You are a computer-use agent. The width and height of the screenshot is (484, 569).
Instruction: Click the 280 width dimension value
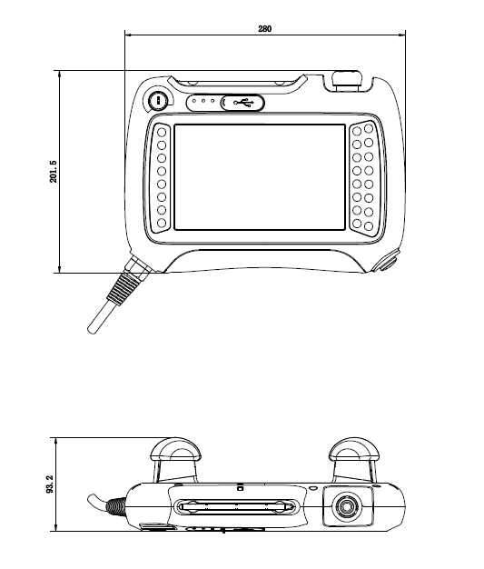pos(264,29)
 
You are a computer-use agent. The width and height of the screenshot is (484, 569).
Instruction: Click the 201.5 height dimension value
pos(54,171)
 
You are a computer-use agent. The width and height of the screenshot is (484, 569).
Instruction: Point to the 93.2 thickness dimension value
pos(50,484)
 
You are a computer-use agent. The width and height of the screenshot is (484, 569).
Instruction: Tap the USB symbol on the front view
pos(243,103)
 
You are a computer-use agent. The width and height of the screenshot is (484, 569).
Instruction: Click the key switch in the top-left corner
pos(158,101)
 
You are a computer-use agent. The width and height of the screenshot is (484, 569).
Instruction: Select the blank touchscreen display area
pos(260,177)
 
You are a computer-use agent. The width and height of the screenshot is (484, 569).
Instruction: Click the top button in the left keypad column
pos(162,132)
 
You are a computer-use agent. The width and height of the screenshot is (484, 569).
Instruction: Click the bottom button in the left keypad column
pos(162,223)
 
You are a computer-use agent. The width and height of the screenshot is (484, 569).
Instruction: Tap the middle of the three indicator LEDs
pos(203,101)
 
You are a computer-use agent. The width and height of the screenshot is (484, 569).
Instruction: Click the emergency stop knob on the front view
pos(347,81)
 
